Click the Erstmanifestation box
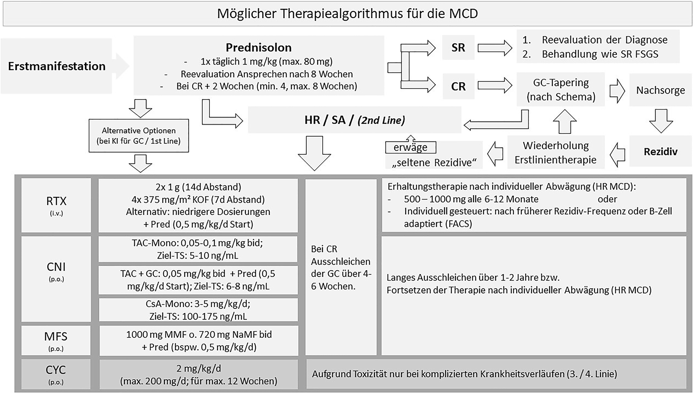(x=57, y=66)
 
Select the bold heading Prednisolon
(x=258, y=47)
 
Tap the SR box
(x=458, y=47)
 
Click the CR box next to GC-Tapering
(x=458, y=86)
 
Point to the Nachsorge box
(x=660, y=90)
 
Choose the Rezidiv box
(x=660, y=151)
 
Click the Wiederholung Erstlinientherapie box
(x=555, y=152)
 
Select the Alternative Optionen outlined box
(x=139, y=135)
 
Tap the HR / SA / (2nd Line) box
(x=354, y=120)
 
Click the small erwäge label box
(x=410, y=147)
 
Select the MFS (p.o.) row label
(x=56, y=340)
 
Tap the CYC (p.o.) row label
(x=56, y=374)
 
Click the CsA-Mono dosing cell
(x=198, y=310)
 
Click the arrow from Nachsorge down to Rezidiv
(x=661, y=121)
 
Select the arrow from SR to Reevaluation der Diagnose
(x=495, y=48)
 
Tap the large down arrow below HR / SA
(x=314, y=153)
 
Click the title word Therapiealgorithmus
(x=341, y=13)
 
